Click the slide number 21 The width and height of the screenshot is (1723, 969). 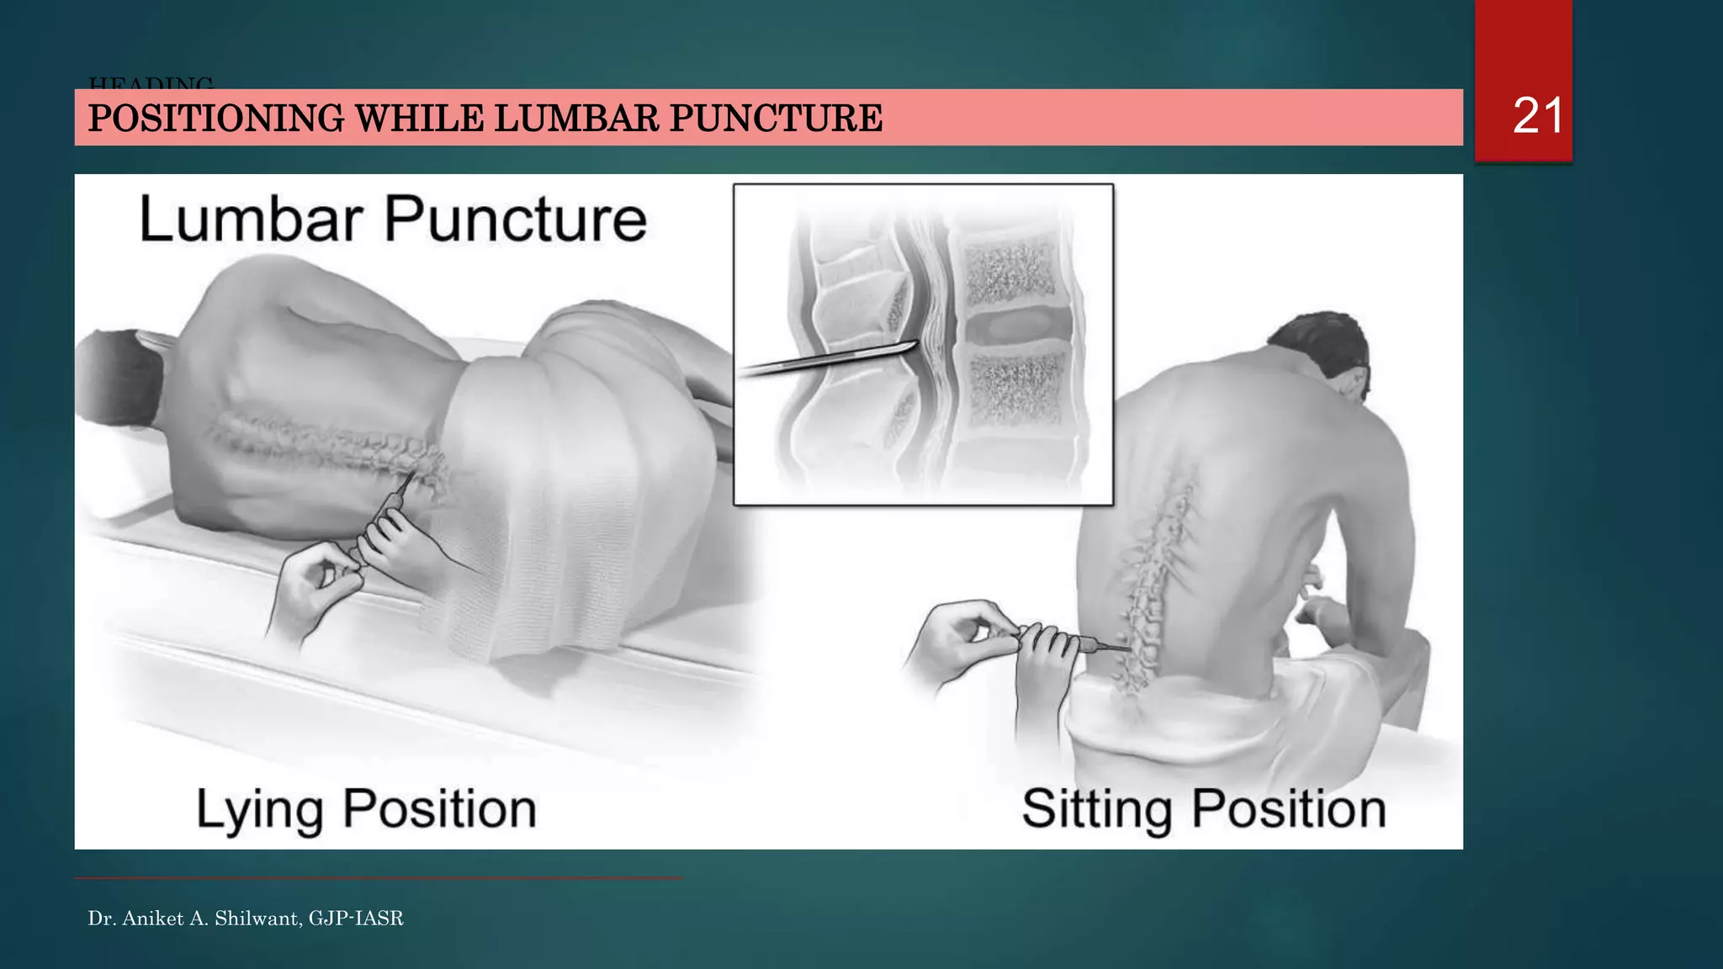pos(1537,115)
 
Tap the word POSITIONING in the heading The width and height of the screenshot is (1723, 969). pos(216,118)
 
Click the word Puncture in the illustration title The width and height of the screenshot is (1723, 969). pos(515,220)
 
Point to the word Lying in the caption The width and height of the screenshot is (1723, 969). pos(259,809)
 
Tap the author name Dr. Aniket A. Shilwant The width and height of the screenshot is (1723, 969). pos(194,919)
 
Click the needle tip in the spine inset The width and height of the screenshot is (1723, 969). pos(915,345)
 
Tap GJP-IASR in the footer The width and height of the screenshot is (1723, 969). pos(356,919)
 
